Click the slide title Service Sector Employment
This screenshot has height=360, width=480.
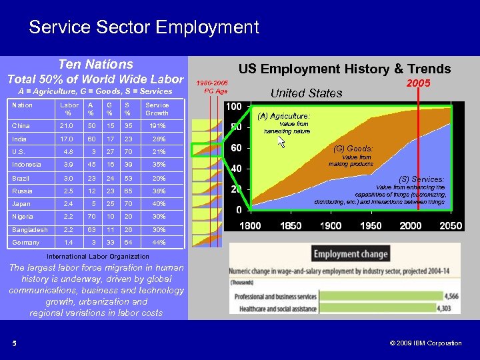143,27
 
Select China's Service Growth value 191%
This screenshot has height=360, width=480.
157,126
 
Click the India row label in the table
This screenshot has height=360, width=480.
19,139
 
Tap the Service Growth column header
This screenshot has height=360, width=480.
157,109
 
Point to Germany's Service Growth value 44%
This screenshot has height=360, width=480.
158,243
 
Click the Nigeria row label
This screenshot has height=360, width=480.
23,217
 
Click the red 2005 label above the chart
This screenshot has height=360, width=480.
419,83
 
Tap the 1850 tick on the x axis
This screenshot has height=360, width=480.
291,226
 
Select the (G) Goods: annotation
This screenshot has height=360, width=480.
353,149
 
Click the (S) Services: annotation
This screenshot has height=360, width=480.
421,179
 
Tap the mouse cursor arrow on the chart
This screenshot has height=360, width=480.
281,142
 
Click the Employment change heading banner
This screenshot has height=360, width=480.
351,254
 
